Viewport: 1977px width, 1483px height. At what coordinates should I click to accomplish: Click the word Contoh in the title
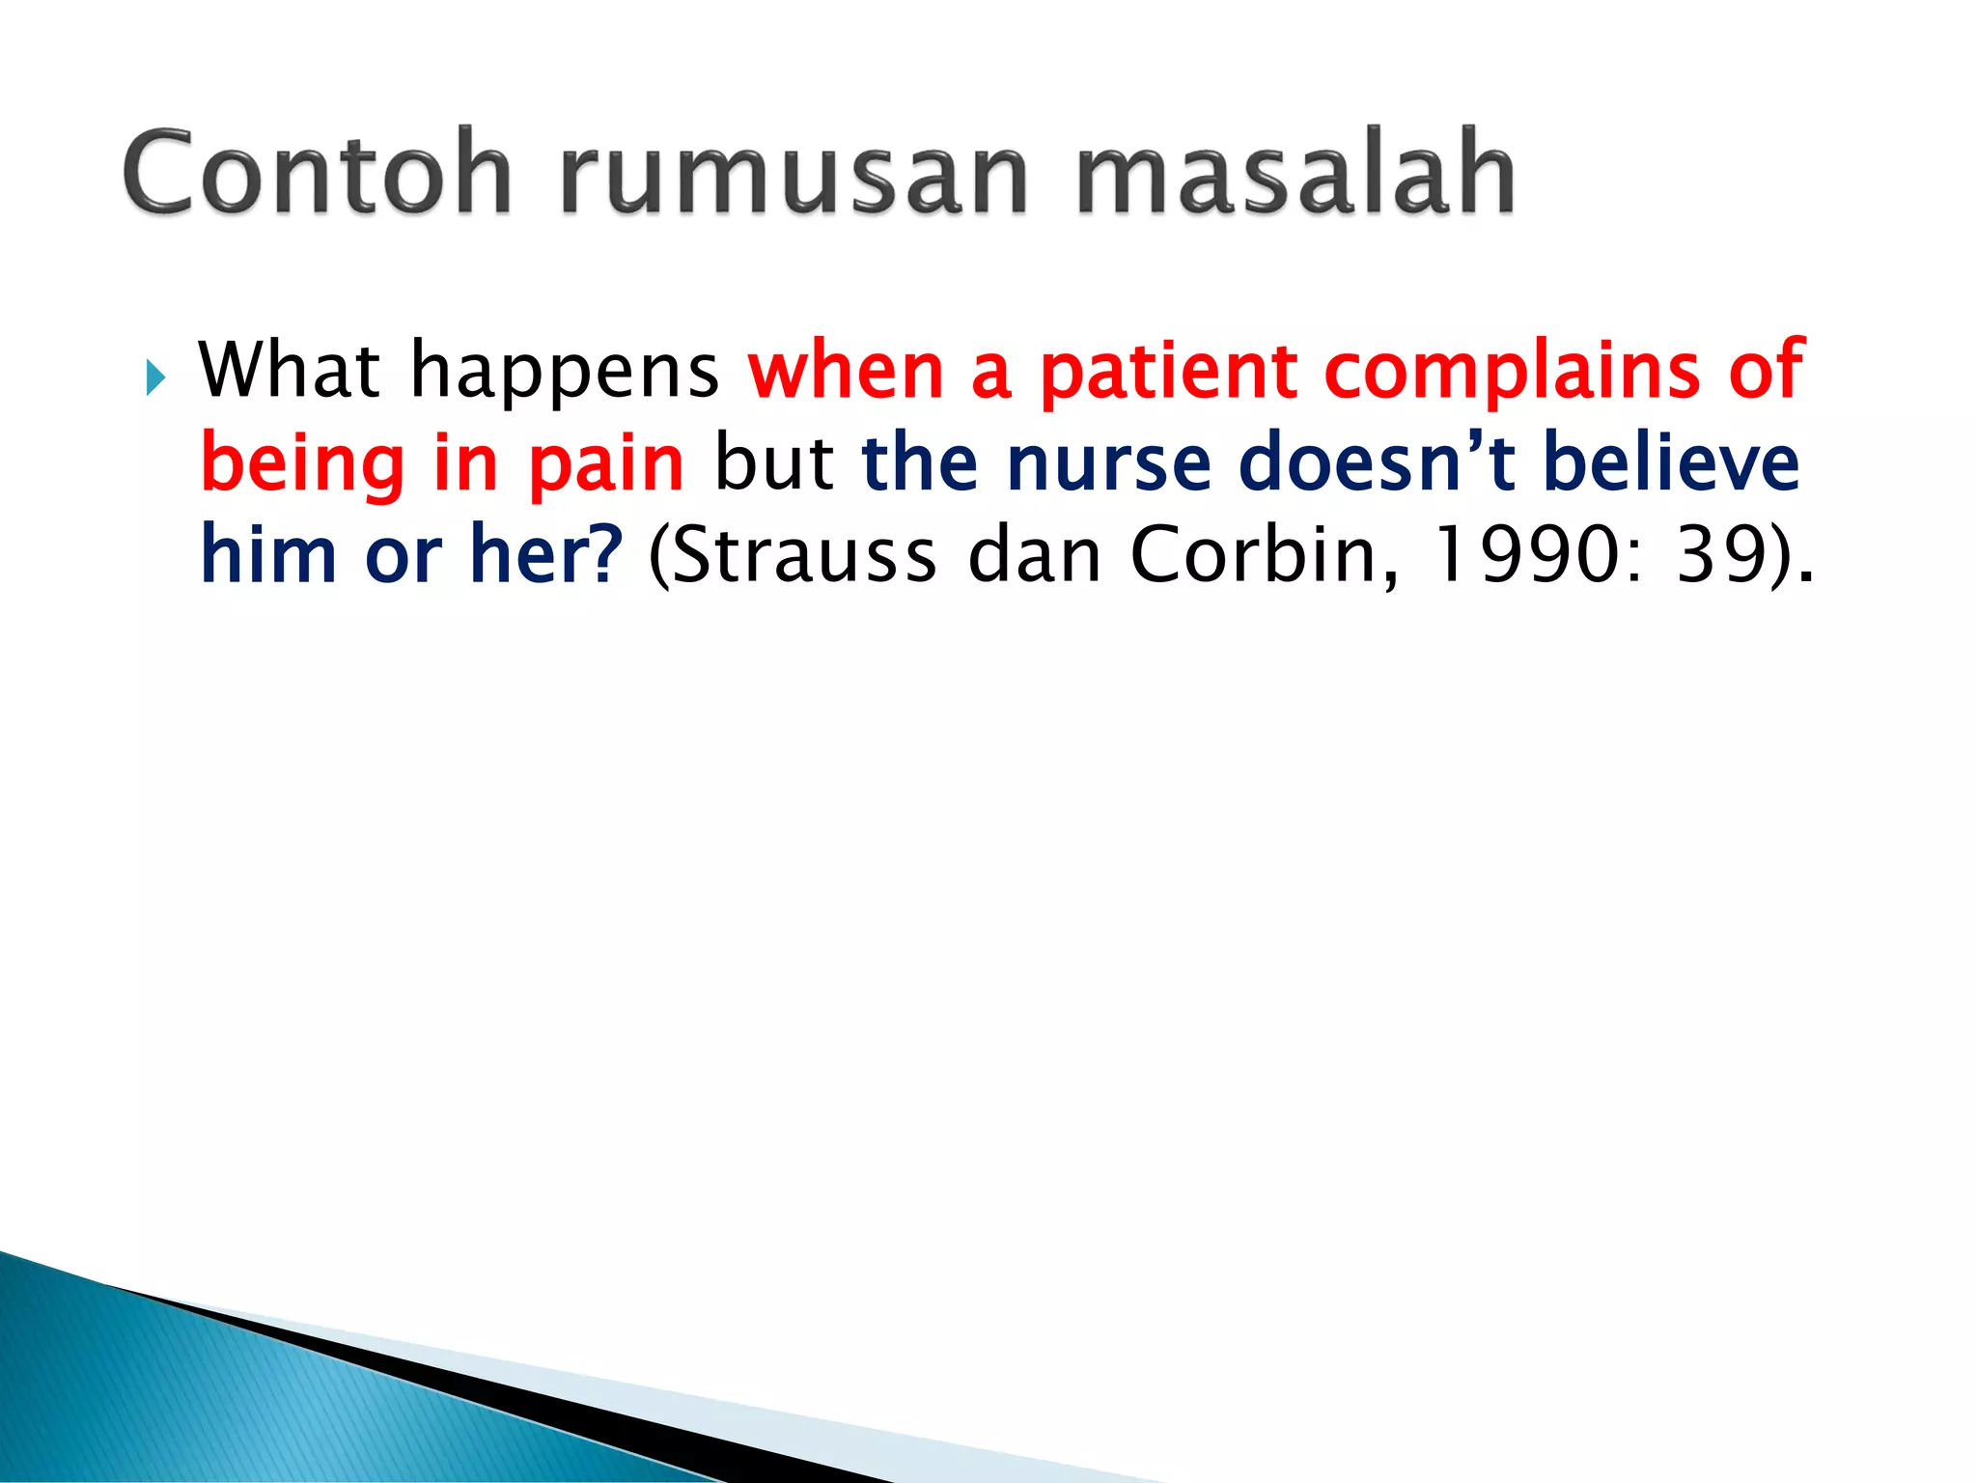317,174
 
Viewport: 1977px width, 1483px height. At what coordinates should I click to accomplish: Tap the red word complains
1512,372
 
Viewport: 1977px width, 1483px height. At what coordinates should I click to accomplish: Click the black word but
773,463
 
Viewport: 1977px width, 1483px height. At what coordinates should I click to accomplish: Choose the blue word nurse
1108,463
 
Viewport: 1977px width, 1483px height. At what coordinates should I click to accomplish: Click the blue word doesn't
1377,463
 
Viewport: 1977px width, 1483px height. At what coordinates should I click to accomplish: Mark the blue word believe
1671,463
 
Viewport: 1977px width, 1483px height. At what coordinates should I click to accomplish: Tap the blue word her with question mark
545,555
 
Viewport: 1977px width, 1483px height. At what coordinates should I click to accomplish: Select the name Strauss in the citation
801,556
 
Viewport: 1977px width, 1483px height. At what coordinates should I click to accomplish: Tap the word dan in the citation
1033,556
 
